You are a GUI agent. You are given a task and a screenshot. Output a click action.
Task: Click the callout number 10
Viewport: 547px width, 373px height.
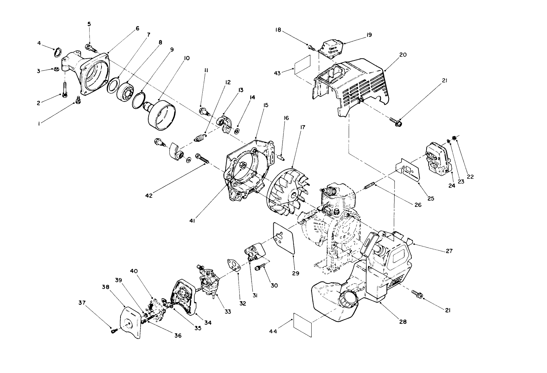point(186,58)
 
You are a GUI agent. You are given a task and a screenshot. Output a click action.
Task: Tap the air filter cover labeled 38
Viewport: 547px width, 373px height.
point(130,322)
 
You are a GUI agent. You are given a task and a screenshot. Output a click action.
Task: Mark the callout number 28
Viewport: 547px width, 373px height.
point(403,321)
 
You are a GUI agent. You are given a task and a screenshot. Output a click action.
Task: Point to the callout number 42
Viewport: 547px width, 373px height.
point(149,196)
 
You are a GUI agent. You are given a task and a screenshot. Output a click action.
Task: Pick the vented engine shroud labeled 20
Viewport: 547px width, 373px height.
point(355,84)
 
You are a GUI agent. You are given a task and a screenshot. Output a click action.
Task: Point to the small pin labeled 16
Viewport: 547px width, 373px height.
point(281,158)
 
